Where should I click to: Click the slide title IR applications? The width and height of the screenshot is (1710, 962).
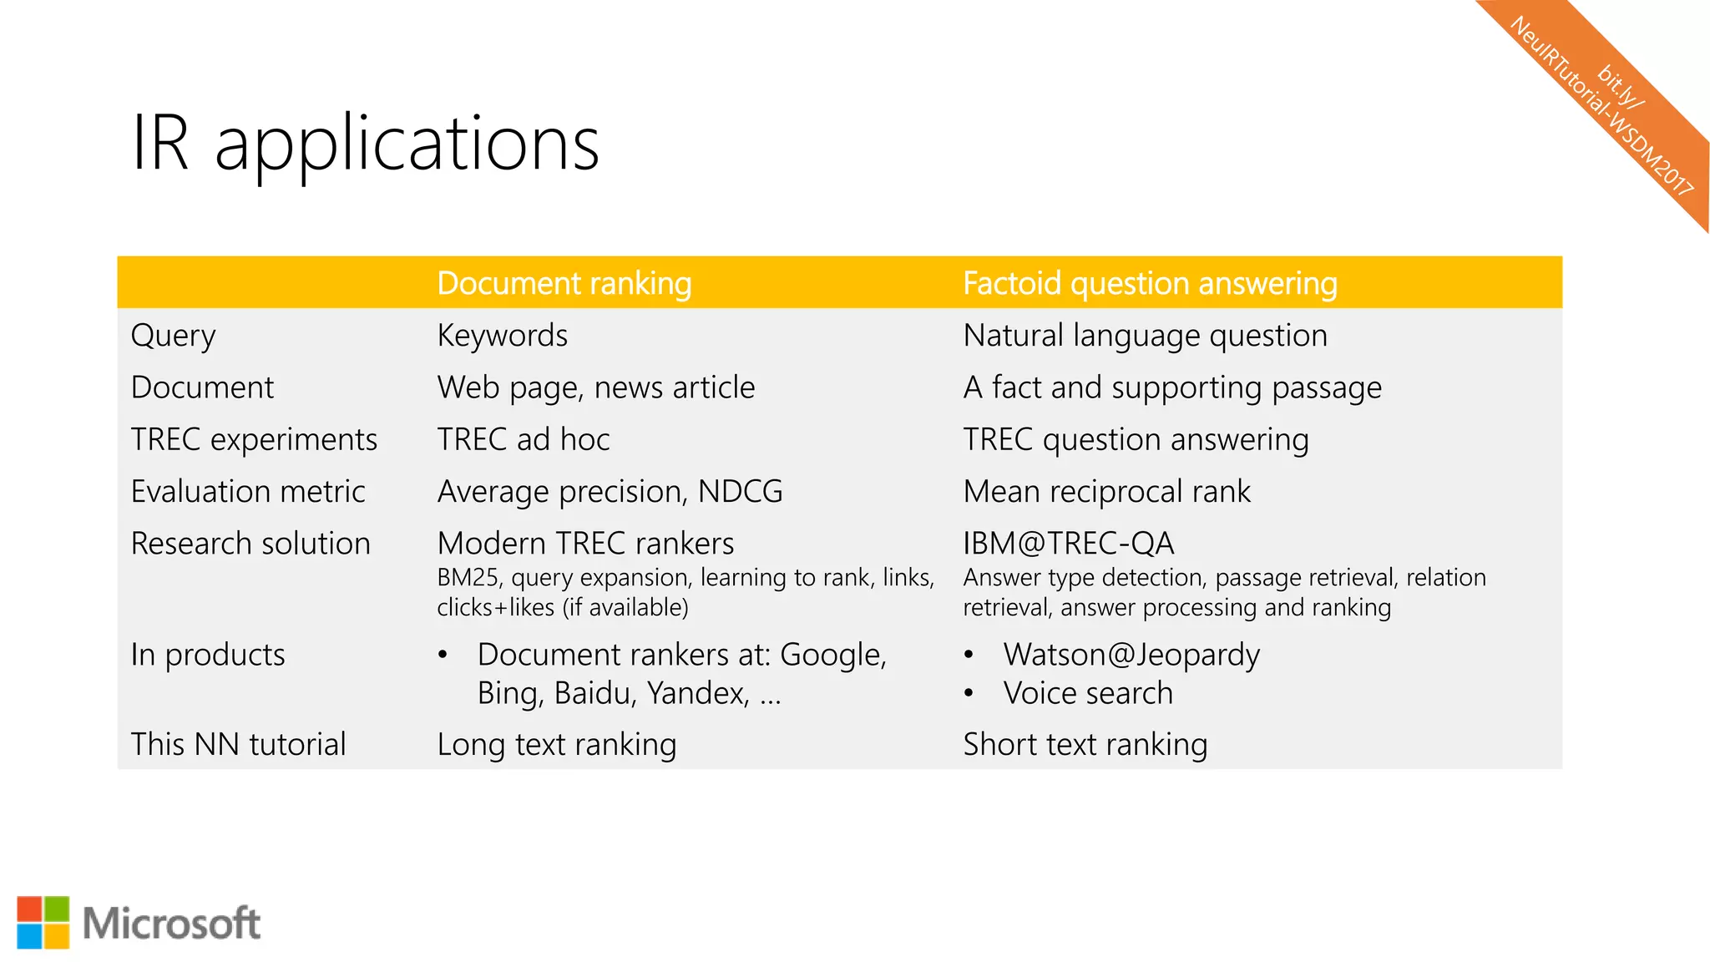(365, 144)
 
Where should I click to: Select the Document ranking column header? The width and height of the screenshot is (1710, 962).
(564, 283)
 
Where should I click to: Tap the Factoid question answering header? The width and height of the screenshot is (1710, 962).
(1149, 283)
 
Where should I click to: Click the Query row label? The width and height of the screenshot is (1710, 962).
(173, 336)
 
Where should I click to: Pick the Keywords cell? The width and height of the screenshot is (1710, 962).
(502, 336)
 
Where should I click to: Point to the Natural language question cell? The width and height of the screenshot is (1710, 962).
(1144, 336)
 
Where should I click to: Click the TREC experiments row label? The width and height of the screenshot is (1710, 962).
(254, 439)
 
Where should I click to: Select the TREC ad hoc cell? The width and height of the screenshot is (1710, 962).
(523, 439)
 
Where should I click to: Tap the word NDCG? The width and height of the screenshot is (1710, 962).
(740, 491)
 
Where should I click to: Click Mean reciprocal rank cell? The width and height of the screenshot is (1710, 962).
(1106, 491)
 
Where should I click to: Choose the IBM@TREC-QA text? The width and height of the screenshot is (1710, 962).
(1068, 544)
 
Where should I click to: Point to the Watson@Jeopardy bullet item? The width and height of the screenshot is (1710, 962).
(1131, 655)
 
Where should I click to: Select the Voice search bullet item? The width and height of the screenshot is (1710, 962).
(1087, 693)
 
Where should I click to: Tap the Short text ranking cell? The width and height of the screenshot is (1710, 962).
(1085, 744)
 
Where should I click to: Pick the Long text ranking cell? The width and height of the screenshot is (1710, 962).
(556, 744)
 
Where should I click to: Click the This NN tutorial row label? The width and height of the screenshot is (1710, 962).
(238, 744)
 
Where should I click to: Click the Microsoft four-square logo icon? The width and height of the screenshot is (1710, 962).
(43, 923)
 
